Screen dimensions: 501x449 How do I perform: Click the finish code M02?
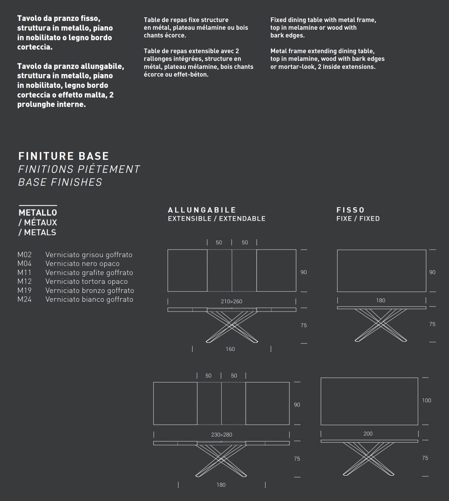pos(25,255)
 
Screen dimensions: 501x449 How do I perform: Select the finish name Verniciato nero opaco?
pos(82,264)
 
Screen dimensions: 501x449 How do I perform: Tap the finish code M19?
pos(25,291)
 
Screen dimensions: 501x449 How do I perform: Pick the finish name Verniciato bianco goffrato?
pos(89,300)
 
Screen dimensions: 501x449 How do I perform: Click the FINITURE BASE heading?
pos(64,156)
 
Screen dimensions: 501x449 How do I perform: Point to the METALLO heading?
pos(38,213)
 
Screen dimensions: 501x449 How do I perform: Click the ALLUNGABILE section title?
pos(202,210)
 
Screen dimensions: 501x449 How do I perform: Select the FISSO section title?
pos(350,210)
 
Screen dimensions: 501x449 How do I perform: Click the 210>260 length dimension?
pos(231,301)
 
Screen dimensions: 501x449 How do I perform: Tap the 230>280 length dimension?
pos(222,435)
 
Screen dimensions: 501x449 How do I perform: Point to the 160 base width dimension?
pos(230,349)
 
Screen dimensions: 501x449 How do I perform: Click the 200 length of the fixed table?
pos(368,434)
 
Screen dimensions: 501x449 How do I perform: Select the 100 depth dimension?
pos(427,401)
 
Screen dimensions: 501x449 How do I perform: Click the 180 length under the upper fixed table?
pos(381,300)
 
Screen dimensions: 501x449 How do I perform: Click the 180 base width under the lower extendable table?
pos(221,485)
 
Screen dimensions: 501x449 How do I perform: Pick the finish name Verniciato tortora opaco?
pos(86,282)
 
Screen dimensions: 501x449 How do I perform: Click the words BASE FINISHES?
pos(60,182)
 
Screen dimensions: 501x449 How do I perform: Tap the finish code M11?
pos(25,273)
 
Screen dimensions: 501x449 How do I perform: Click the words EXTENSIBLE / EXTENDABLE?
pos(217,219)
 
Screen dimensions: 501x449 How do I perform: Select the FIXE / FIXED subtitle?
pos(358,219)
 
